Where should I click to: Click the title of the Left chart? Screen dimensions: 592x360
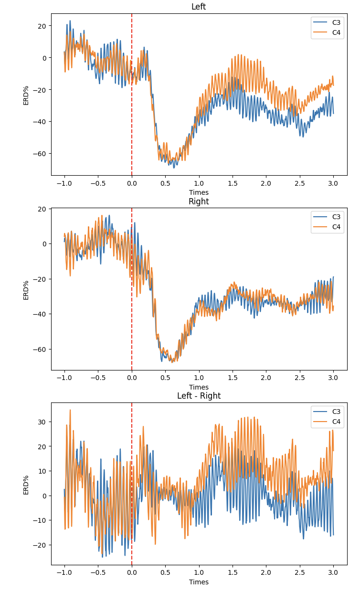click(x=199, y=7)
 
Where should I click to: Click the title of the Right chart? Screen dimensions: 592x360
click(x=199, y=201)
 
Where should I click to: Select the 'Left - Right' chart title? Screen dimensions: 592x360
click(x=199, y=396)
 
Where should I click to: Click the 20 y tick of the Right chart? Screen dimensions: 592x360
click(x=42, y=209)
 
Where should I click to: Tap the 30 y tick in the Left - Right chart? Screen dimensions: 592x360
click(x=42, y=422)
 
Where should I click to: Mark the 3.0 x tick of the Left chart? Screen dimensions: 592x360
click(x=333, y=183)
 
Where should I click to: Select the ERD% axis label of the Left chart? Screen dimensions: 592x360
click(x=26, y=95)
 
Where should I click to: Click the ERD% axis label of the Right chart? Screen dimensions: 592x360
click(x=26, y=290)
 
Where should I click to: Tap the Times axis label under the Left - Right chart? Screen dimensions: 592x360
click(x=199, y=582)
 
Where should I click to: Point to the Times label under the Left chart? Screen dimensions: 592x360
click(x=199, y=192)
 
